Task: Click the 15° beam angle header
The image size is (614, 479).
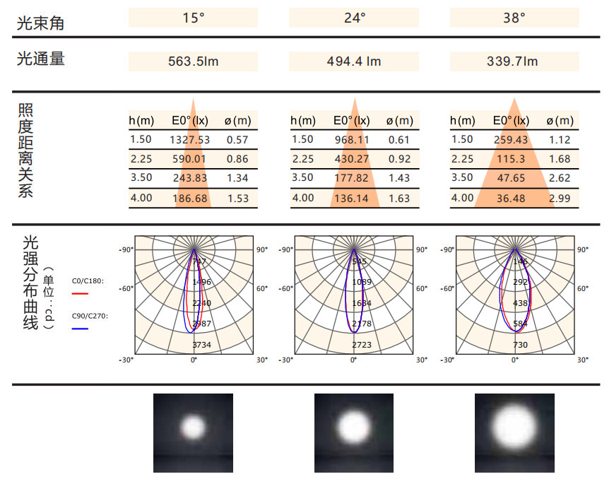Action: click(x=193, y=18)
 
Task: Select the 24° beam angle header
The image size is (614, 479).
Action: click(x=354, y=18)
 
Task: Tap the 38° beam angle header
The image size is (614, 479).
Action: click(x=514, y=18)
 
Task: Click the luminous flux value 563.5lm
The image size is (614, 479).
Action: click(x=193, y=61)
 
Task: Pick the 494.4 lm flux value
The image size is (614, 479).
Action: click(x=354, y=61)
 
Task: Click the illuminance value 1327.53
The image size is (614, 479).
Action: click(x=189, y=140)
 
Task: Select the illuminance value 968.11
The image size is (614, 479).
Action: click(x=352, y=140)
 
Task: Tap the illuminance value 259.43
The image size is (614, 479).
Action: click(x=511, y=140)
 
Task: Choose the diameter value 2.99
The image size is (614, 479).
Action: click(x=560, y=199)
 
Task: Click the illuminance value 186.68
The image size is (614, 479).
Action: click(x=190, y=199)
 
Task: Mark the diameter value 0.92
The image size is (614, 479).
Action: click(x=399, y=160)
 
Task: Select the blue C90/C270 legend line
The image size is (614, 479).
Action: click(x=80, y=329)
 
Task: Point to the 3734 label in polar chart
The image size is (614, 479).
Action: click(x=201, y=345)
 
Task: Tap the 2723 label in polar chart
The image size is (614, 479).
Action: click(x=362, y=345)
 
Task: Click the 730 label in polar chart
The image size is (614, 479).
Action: click(x=521, y=345)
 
